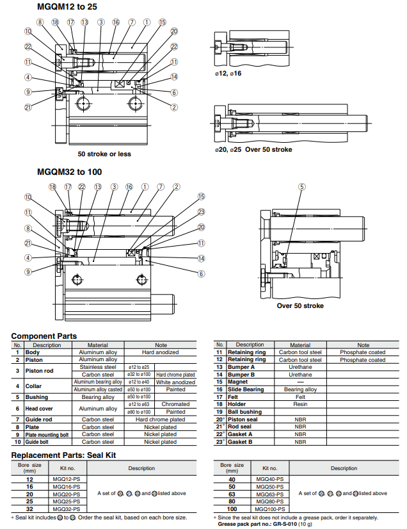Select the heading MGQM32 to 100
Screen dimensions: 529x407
(x=70, y=172)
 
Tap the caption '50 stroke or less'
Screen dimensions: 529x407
(x=104, y=154)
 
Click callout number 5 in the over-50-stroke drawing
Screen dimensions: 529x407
(x=301, y=186)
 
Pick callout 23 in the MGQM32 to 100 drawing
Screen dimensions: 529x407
(x=201, y=212)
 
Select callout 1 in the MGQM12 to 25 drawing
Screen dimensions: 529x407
(x=147, y=22)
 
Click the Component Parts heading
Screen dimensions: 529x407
(x=44, y=336)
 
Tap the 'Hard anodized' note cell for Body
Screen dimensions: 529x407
(x=160, y=352)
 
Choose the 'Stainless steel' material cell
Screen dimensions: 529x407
(x=98, y=367)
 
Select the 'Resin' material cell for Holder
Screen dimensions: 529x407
(x=300, y=404)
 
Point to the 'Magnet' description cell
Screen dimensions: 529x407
(x=238, y=382)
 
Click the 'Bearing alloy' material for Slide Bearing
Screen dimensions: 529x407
(x=300, y=389)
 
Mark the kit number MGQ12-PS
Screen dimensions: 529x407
(x=65, y=478)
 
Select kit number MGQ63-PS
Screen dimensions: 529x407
(x=269, y=494)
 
